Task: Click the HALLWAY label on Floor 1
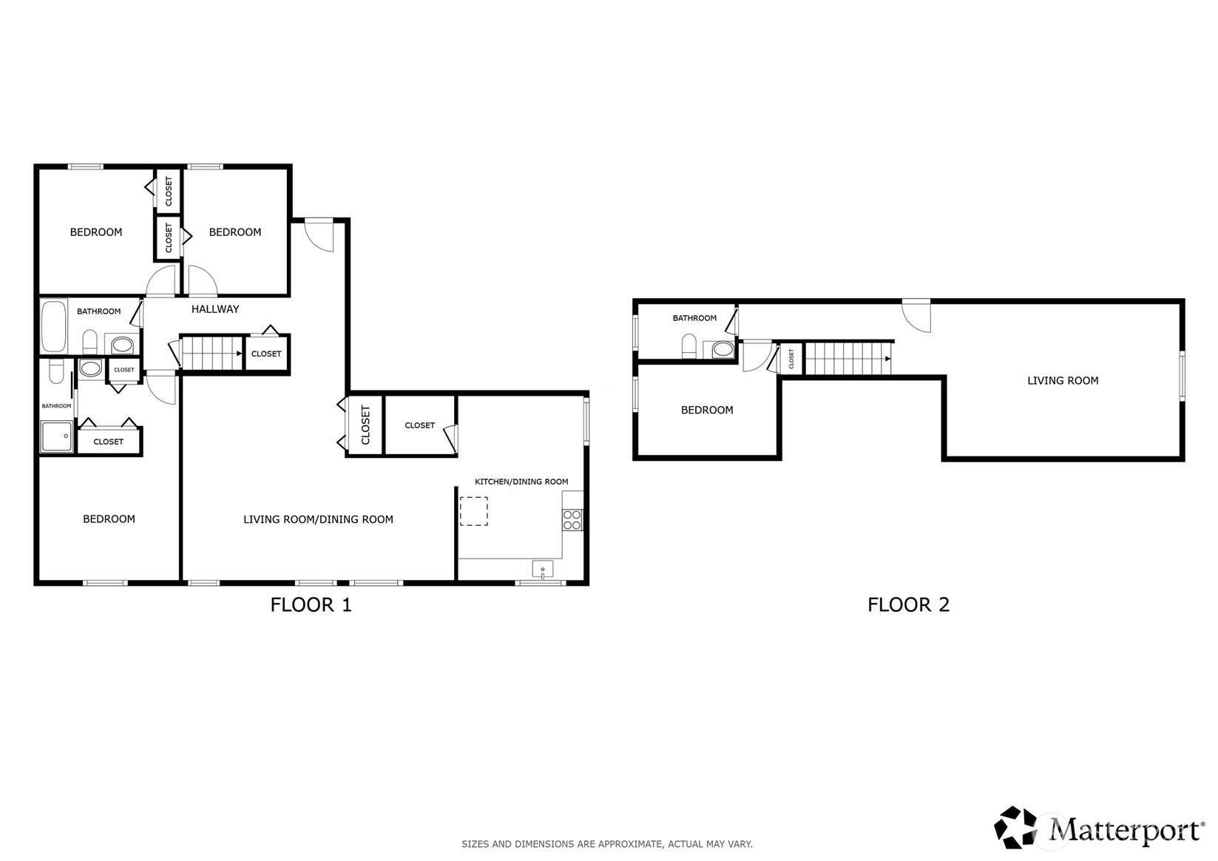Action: click(x=215, y=309)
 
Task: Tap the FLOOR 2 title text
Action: click(x=907, y=604)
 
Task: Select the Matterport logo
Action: click(x=1099, y=828)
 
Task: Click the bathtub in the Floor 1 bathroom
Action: click(x=53, y=326)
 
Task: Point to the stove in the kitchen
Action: click(x=572, y=520)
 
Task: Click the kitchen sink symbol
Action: click(x=542, y=569)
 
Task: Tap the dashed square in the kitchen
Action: click(x=473, y=511)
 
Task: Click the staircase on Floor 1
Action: click(x=212, y=353)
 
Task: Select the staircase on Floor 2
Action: click(x=847, y=359)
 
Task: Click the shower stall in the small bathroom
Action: click(x=57, y=436)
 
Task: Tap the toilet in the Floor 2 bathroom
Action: click(x=688, y=346)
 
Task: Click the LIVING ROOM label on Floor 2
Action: click(x=1062, y=381)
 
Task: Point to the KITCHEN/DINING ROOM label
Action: click(x=521, y=482)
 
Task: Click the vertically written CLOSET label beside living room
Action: click(x=365, y=425)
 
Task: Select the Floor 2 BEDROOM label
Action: click(x=706, y=411)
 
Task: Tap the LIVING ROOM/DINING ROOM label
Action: click(x=318, y=519)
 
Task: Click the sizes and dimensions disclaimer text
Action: click(x=606, y=844)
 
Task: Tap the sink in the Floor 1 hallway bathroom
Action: click(x=122, y=345)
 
